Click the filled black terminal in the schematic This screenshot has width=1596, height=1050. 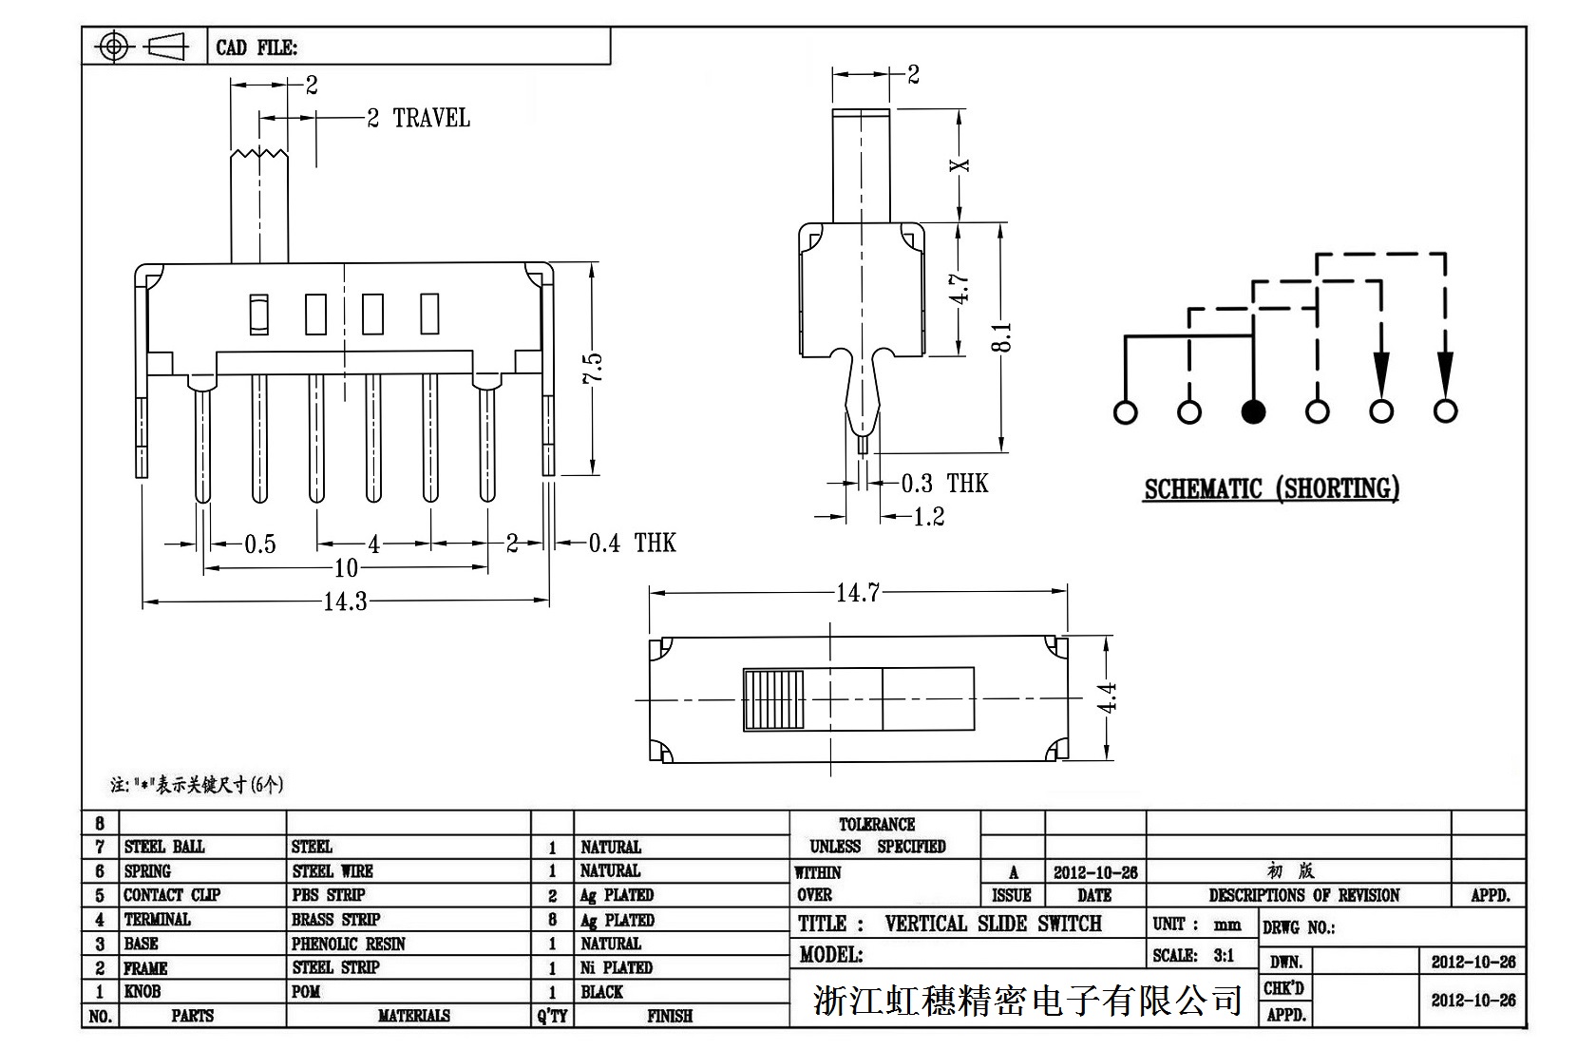1253,411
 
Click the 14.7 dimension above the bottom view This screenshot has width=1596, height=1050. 858,593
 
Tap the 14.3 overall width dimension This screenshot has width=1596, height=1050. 345,601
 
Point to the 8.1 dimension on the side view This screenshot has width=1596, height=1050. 1002,337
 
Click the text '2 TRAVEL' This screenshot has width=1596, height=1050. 418,118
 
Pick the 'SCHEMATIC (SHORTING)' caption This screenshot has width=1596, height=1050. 1271,489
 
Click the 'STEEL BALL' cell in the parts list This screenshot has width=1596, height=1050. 164,847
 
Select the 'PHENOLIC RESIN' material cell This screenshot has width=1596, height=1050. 348,944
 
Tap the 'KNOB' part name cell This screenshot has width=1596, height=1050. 142,992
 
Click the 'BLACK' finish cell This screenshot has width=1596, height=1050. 601,992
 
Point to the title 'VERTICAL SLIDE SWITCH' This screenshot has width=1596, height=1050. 993,924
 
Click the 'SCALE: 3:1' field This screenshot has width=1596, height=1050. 1193,956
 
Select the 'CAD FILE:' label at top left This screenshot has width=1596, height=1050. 256,48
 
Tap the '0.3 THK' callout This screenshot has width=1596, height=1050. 944,484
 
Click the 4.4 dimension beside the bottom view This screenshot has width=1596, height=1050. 1107,697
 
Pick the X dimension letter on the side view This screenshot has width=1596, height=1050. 961,165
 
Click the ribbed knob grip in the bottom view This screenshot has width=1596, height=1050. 773,700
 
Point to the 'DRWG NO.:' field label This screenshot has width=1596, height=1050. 1298,927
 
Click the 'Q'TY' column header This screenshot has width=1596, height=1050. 552,1016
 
